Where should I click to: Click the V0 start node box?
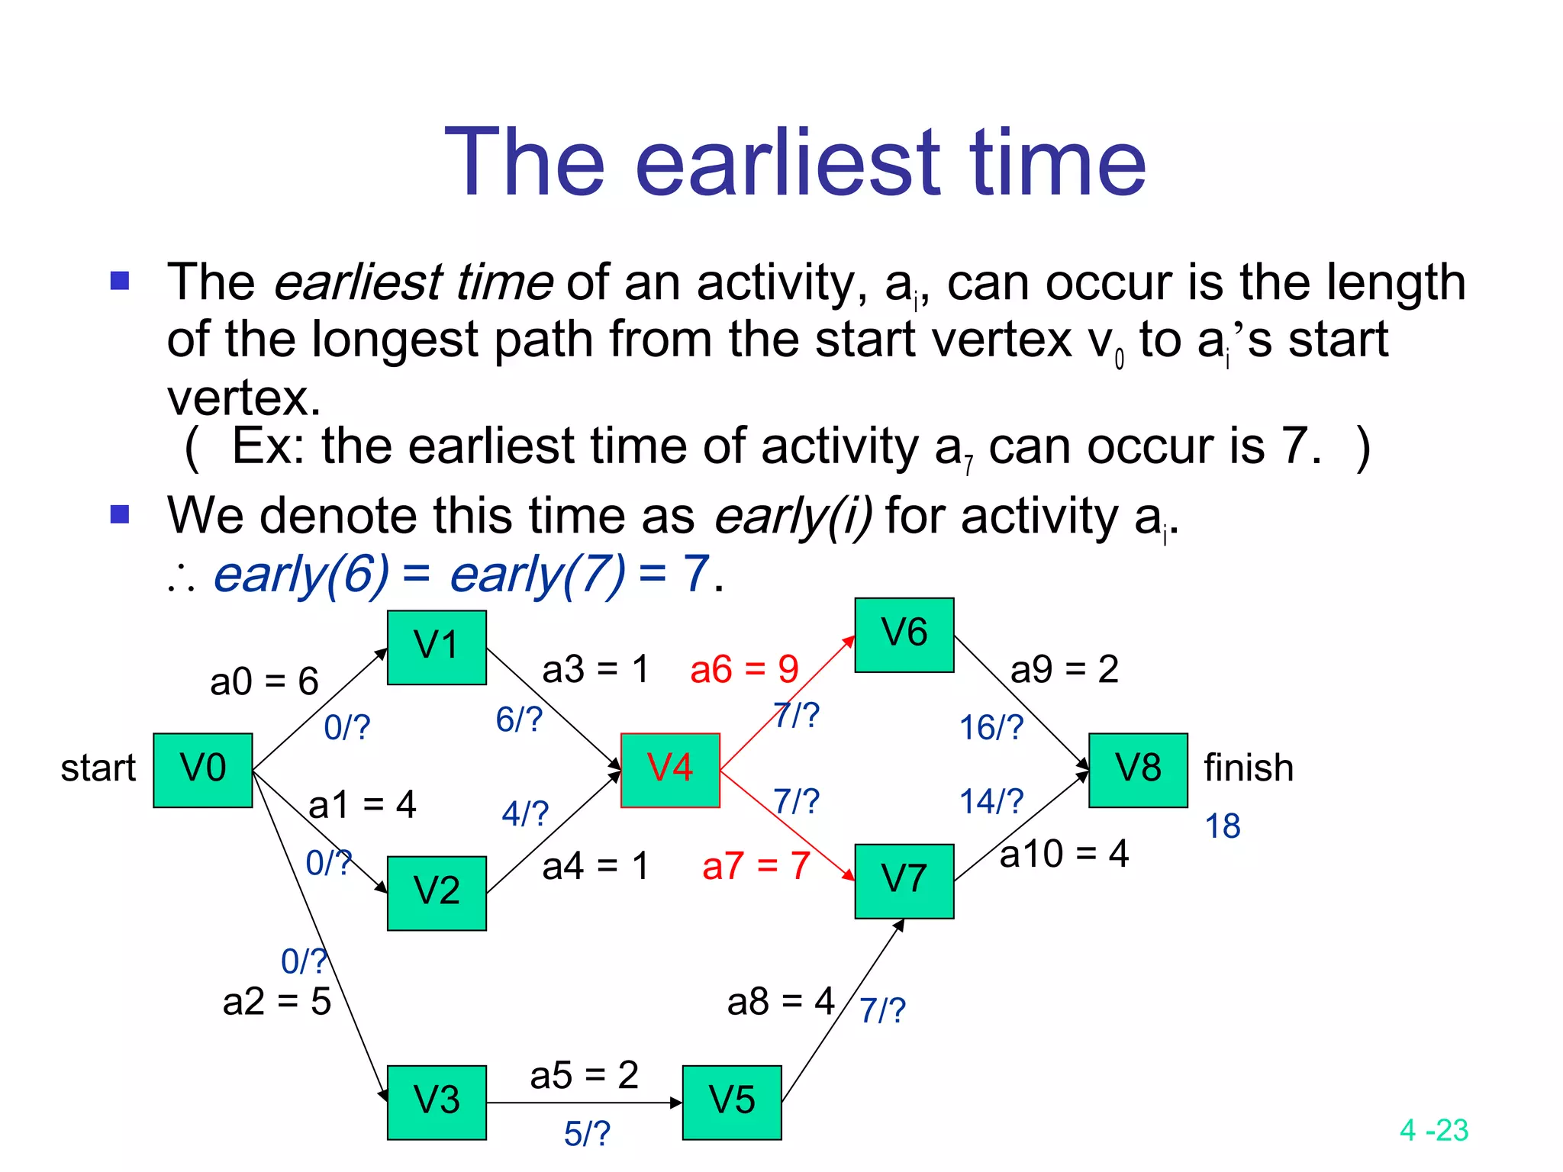coord(202,770)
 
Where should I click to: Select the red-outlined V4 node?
coord(670,770)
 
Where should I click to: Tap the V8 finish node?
coord(1138,770)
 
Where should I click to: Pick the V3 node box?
coord(437,1102)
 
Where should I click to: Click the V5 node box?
coord(732,1102)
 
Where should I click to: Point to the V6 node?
coord(904,635)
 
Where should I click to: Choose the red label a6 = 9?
coord(744,670)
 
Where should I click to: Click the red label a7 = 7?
coord(756,866)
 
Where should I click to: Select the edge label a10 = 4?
coord(1064,854)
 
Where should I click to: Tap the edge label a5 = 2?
coord(584,1075)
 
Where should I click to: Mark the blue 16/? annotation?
coord(991,728)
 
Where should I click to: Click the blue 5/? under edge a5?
coord(587,1134)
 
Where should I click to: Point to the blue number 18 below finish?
coord(1223,826)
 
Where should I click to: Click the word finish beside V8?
coord(1249,768)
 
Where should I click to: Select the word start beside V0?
coord(98,768)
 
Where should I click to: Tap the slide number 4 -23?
coord(1434,1130)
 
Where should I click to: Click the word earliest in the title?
coord(788,163)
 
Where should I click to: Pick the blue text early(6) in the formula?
coord(301,574)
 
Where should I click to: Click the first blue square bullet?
coord(120,282)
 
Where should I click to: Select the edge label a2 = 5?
coord(276,1001)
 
